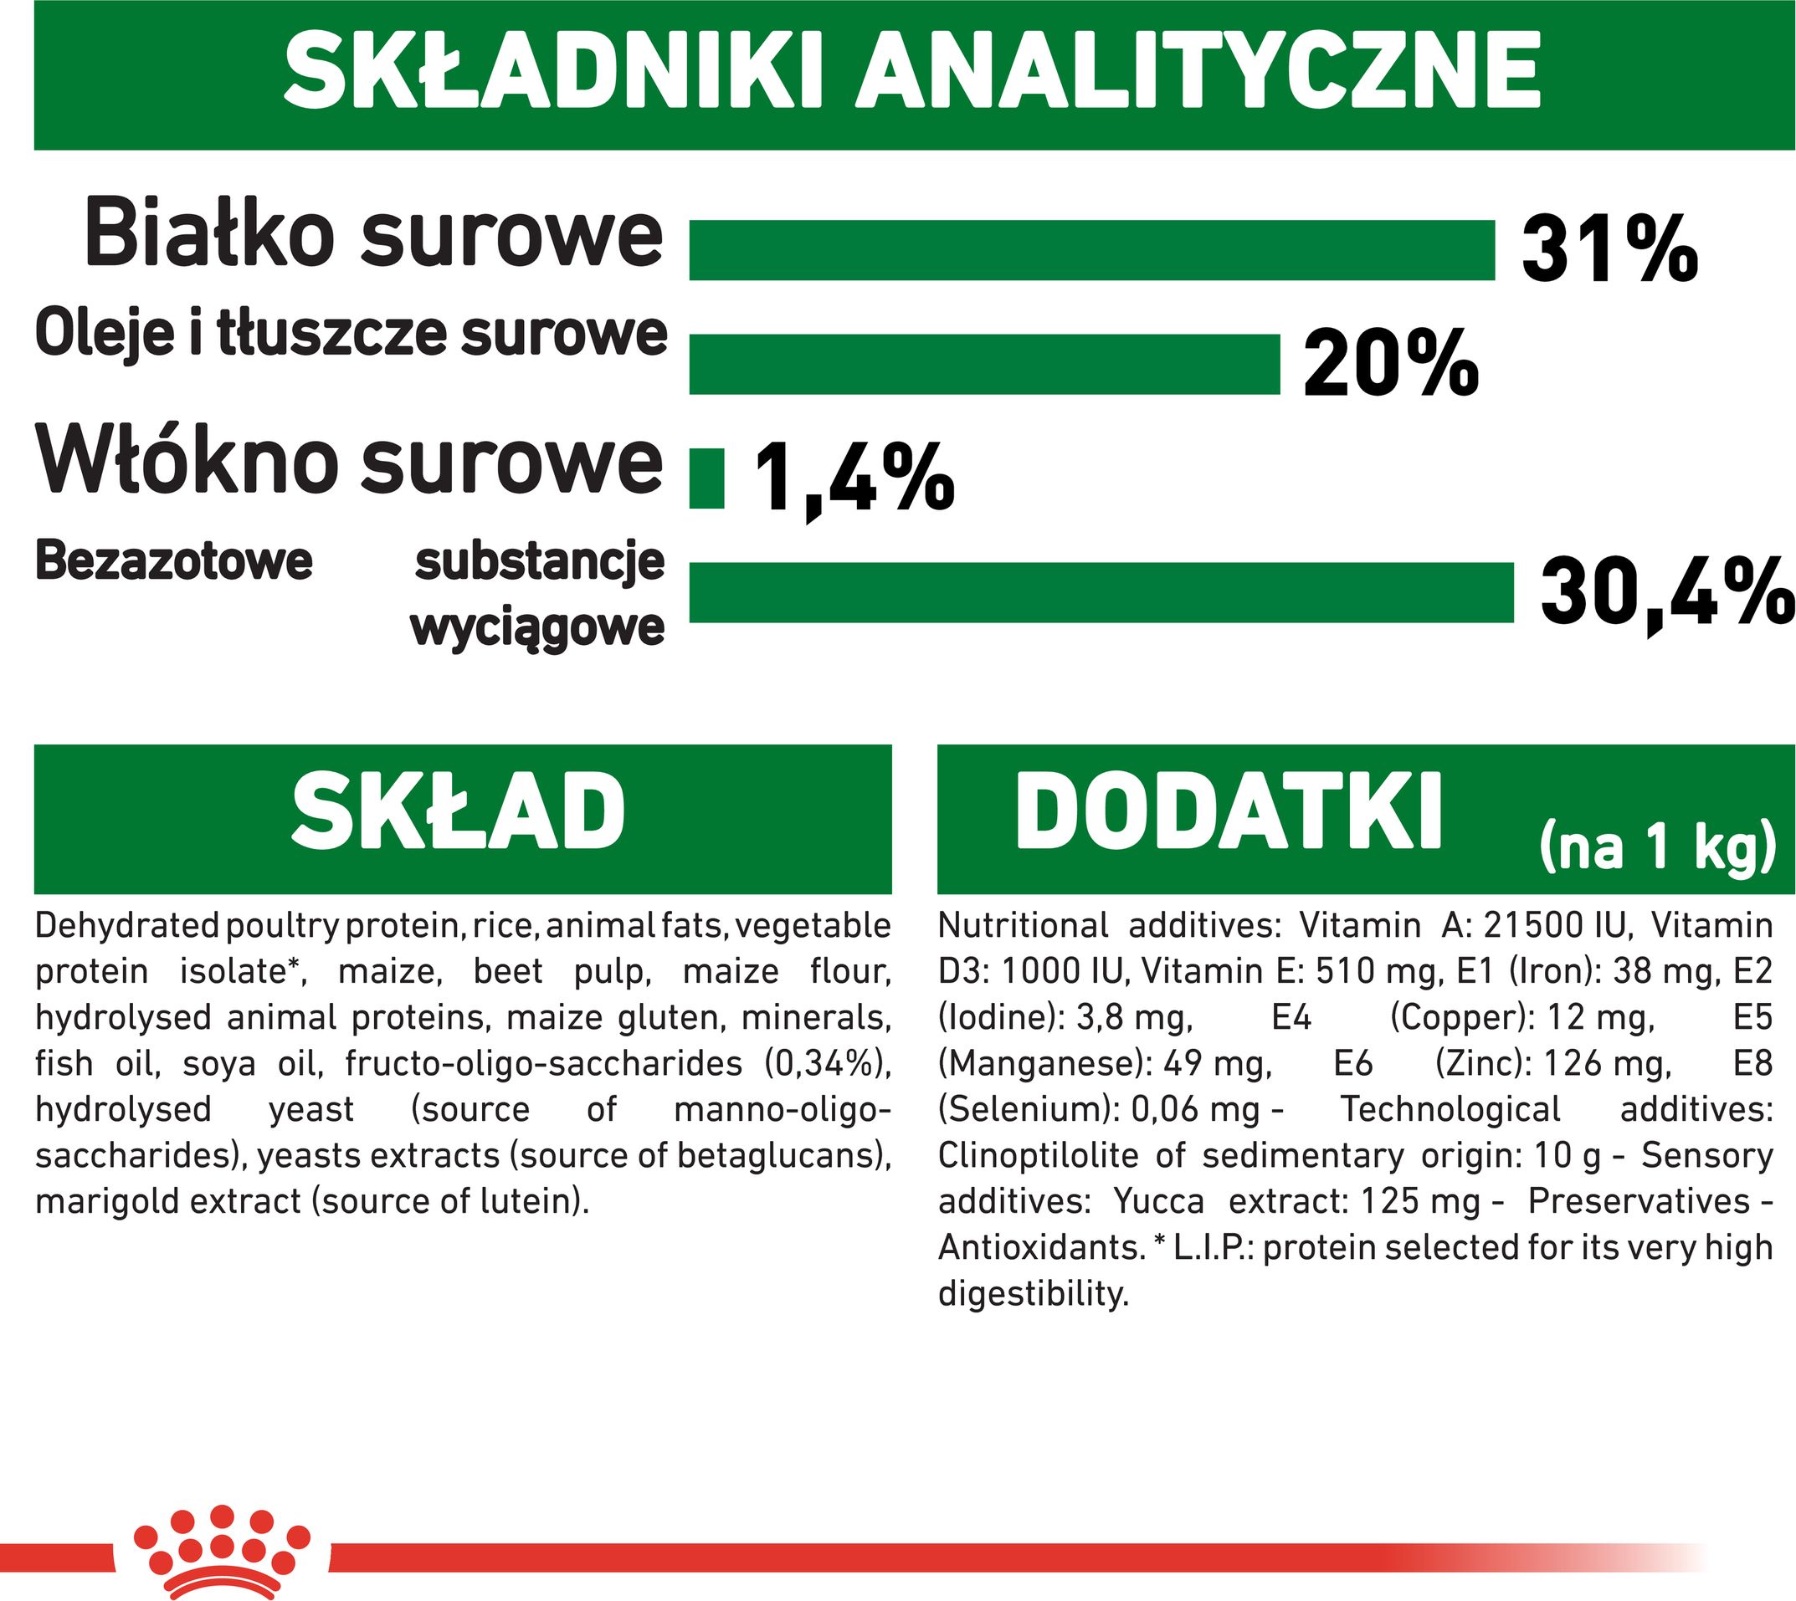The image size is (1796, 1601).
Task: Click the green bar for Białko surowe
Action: click(x=1091, y=251)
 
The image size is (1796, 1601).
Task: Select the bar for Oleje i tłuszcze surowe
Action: click(x=984, y=364)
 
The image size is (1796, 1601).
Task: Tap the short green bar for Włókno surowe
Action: click(x=706, y=478)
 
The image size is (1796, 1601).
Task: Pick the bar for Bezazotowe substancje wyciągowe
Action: click(x=1101, y=592)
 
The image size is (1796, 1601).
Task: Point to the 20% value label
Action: click(x=1390, y=362)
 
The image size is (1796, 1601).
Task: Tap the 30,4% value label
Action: click(x=1666, y=592)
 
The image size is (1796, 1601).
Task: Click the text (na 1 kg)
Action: click(x=1656, y=847)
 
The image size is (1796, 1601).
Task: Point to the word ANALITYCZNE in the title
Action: click(x=1198, y=70)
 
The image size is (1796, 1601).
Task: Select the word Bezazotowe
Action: click(x=174, y=560)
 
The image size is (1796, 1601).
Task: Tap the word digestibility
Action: click(x=1033, y=1294)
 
